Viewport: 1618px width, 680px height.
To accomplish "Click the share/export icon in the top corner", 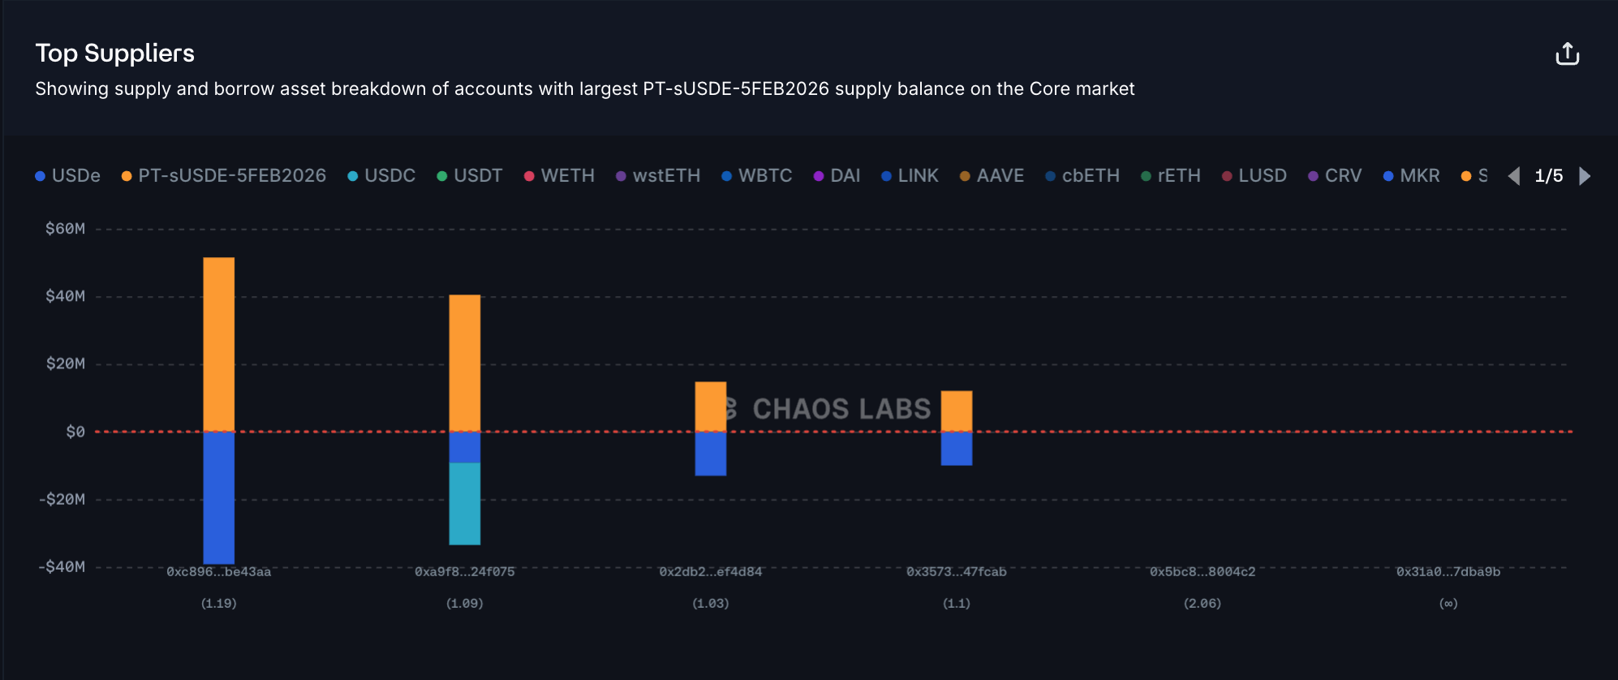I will pyautogui.click(x=1567, y=54).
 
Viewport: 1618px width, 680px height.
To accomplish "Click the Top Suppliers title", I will pyautogui.click(x=114, y=54).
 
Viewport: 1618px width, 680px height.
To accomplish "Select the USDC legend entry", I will pyautogui.click(x=381, y=176).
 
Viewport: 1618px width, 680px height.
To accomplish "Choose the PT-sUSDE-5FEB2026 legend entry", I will pyautogui.click(x=224, y=176).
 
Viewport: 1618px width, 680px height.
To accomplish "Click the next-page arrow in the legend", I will pyautogui.click(x=1585, y=176).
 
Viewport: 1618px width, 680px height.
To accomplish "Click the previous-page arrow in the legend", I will pyautogui.click(x=1514, y=176).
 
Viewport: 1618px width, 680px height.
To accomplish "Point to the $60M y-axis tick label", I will pyautogui.click(x=65, y=229).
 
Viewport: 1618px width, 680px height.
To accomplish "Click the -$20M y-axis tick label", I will pyautogui.click(x=62, y=499).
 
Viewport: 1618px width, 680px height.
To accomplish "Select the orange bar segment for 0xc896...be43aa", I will pyautogui.click(x=219, y=343).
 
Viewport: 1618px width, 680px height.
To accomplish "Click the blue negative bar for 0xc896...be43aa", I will pyautogui.click(x=219, y=497).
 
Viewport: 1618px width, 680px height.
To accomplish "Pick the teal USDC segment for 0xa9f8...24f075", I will pyautogui.click(x=465, y=503).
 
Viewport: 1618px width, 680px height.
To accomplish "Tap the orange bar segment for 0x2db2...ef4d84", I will pyautogui.click(x=711, y=406).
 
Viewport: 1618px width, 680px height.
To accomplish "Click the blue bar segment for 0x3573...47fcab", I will pyautogui.click(x=957, y=448).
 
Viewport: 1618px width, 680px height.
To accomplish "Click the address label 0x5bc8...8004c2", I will pyautogui.click(x=1203, y=572).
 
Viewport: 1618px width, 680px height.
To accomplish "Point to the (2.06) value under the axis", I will pyautogui.click(x=1203, y=604).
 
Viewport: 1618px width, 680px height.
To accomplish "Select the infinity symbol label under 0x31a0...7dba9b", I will pyautogui.click(x=1448, y=604).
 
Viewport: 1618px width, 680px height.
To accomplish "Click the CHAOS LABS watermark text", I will pyautogui.click(x=841, y=409).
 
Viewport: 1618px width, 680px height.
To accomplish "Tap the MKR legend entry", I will pyautogui.click(x=1412, y=176).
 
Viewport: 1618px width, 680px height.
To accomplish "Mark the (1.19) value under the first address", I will pyautogui.click(x=219, y=604).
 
